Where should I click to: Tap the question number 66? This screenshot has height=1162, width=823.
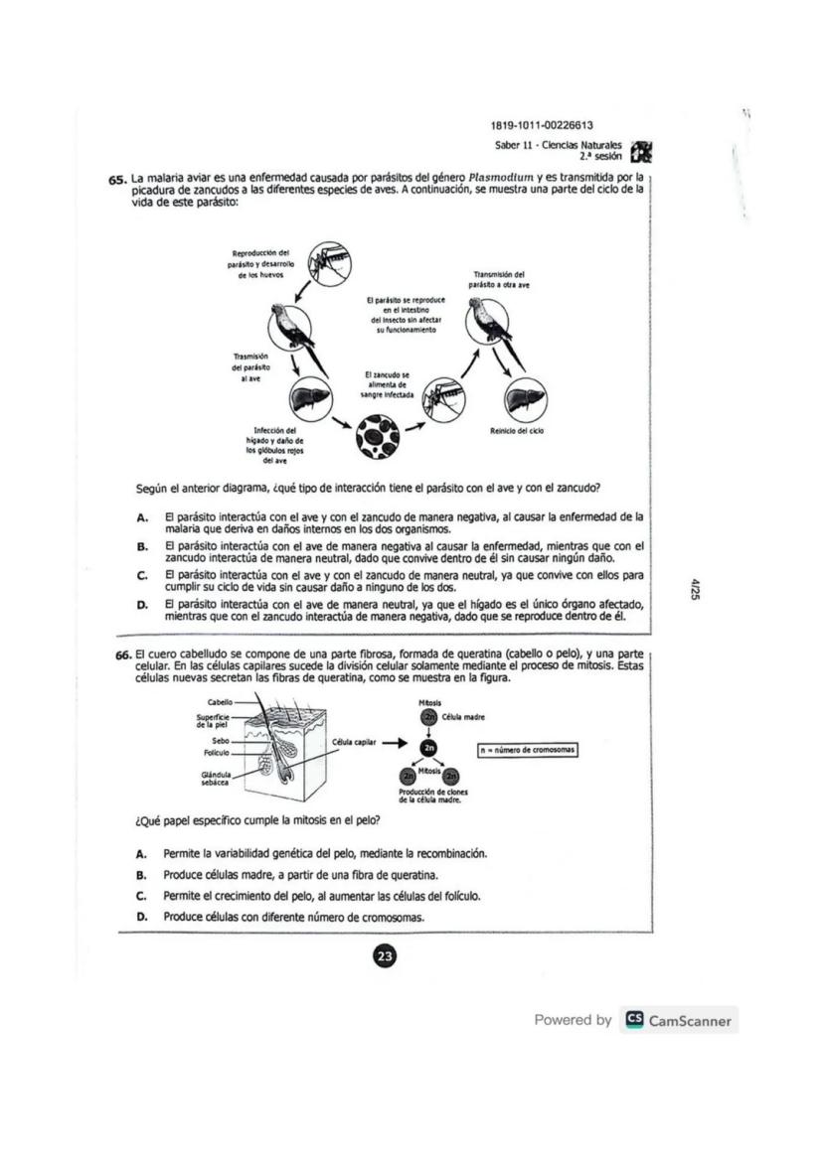[x=123, y=655]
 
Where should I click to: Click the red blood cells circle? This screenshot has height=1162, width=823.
[x=380, y=433]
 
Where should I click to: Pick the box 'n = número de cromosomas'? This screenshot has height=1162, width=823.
[x=527, y=750]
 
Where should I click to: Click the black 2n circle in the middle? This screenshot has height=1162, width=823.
[x=429, y=747]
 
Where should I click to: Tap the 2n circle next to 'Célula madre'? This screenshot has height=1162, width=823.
[x=429, y=717]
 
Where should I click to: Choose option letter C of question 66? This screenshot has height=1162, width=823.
[x=142, y=896]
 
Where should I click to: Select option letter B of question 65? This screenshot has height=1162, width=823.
[x=142, y=546]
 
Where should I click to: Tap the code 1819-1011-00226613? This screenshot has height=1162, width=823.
[x=542, y=125]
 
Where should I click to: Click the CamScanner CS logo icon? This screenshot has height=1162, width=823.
[x=632, y=1020]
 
